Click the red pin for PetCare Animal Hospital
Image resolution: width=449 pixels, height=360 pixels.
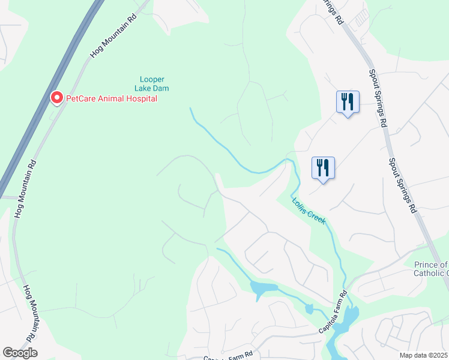(56, 97)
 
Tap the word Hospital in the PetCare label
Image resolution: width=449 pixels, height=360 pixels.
(139, 98)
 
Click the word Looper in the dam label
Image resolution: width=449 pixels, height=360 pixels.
(152, 79)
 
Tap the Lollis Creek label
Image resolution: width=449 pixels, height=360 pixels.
(309, 212)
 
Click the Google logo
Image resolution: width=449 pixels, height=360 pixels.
(20, 353)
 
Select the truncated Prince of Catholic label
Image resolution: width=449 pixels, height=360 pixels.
(431, 269)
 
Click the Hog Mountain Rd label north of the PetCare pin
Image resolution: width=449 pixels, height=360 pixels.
(113, 37)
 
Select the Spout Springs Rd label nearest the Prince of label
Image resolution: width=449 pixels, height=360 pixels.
(403, 185)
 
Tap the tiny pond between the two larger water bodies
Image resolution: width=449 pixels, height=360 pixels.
(309, 309)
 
